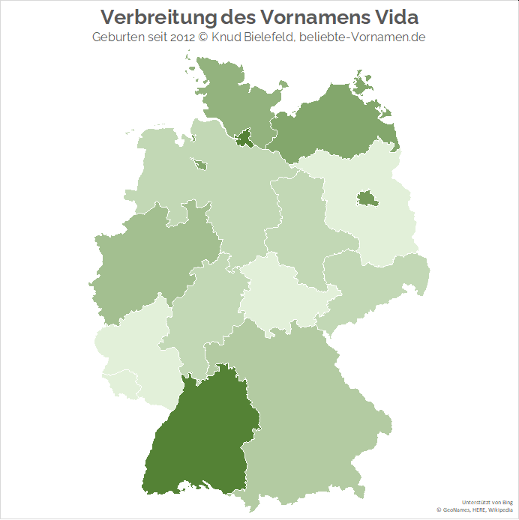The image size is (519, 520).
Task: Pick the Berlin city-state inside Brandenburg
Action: pyautogui.click(x=366, y=198)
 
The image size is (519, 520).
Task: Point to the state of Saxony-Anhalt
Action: pyautogui.click(x=300, y=225)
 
